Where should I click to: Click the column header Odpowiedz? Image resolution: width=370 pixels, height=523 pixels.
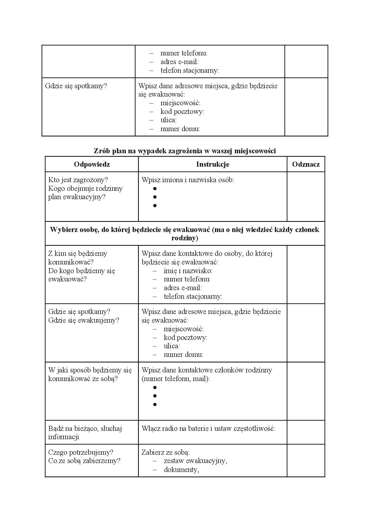pos(92,164)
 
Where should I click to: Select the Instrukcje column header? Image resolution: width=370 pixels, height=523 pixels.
pos(213,164)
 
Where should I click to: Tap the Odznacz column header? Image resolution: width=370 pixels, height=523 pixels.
pos(306,164)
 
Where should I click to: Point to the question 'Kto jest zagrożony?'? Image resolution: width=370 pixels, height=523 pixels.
pos(78,180)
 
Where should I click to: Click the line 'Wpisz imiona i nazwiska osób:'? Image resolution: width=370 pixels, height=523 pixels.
pos(188,180)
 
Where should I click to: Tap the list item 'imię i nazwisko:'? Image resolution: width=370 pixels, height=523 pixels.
pos(188,271)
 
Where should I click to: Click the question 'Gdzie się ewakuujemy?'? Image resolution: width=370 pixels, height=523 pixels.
pos(84,320)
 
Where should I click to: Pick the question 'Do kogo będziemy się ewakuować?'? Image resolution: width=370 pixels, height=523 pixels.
pos(82,275)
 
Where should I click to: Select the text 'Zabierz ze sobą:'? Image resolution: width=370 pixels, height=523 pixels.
pos(165,452)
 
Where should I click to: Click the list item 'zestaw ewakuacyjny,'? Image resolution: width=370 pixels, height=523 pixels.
pos(195,461)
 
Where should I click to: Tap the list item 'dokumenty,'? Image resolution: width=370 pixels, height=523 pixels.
pos(181,470)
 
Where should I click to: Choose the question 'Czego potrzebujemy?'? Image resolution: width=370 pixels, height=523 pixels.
pos(81,452)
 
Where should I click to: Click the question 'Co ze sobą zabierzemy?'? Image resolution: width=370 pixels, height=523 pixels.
pos(84,461)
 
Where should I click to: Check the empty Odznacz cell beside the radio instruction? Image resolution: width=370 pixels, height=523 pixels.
pos(306,432)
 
